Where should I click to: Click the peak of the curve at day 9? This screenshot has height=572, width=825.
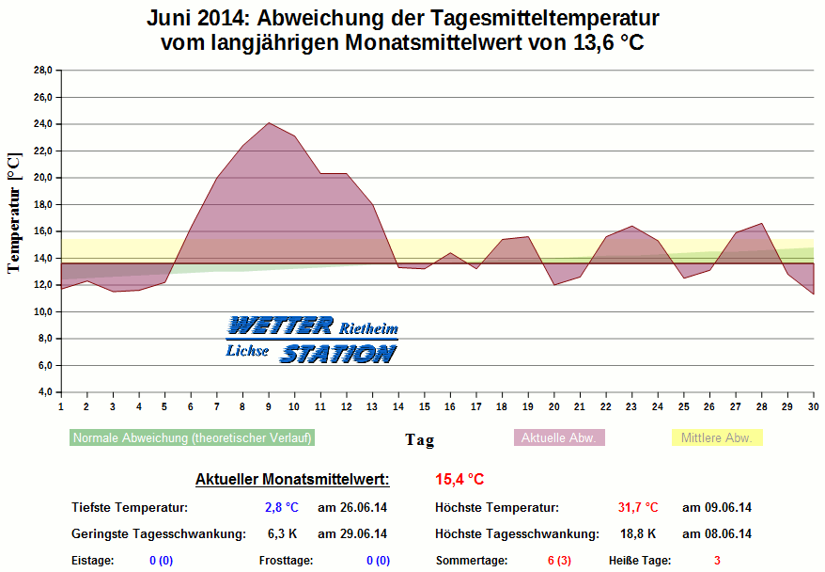pos(269,123)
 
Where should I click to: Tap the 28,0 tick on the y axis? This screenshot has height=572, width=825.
pos(42,71)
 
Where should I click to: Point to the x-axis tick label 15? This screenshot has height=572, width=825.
pos(425,406)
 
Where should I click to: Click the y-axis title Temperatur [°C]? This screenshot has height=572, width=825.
pos(13,214)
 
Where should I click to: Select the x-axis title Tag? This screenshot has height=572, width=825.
pos(419,439)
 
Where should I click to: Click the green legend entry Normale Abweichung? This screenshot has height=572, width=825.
pos(193,437)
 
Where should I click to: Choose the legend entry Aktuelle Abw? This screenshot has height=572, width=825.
pos(561,437)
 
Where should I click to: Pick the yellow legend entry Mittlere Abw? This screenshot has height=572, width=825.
pos(718,437)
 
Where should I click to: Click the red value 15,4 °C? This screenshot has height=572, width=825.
pos(459,480)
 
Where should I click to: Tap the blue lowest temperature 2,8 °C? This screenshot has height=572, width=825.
pos(281,508)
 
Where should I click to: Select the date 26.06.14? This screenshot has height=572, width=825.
pos(352,508)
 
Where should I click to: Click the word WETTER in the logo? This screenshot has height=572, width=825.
pos(280,326)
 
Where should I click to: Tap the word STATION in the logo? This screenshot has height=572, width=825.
pos(337,354)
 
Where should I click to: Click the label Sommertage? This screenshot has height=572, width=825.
pos(471,561)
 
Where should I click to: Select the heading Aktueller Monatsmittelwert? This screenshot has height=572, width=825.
pos(292,480)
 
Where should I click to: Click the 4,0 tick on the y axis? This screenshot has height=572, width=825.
pos(44,392)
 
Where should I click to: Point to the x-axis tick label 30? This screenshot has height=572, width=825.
pos(814,406)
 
